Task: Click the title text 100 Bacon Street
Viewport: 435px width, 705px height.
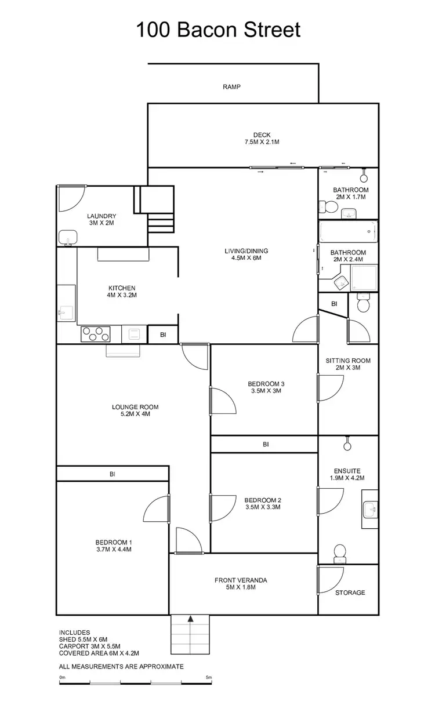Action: point(218,30)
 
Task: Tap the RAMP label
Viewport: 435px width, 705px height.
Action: point(231,87)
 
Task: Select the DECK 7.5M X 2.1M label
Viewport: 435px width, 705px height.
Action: point(262,139)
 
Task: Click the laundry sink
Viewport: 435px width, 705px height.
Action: point(68,237)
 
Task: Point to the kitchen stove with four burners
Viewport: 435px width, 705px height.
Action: point(96,334)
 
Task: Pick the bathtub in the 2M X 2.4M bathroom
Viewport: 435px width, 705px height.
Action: point(348,233)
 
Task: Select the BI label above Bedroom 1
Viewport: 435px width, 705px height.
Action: point(113,474)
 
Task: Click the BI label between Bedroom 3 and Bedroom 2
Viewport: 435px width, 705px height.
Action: point(266,445)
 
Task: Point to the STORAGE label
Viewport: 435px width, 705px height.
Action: point(350,593)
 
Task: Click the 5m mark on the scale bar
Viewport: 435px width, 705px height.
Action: point(209,677)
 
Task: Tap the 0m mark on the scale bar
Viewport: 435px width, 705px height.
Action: point(62,677)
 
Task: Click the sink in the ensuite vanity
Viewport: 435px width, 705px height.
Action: point(369,511)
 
